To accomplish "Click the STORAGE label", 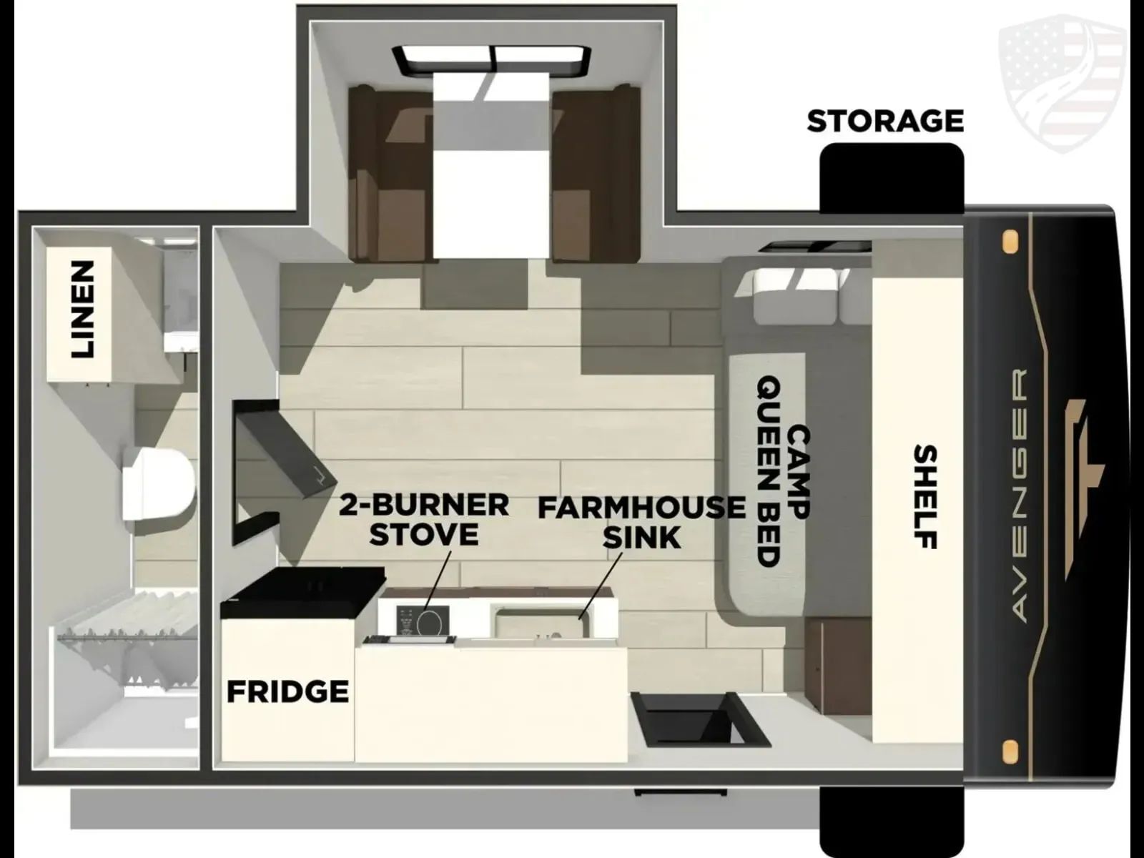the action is click(885, 121).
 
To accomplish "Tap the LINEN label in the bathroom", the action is click(83, 310).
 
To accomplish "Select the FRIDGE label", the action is click(287, 692).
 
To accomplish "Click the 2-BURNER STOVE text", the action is click(424, 519).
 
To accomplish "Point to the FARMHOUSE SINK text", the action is click(641, 523).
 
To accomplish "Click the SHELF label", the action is click(926, 496).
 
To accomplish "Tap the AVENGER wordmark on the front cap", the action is click(1020, 495).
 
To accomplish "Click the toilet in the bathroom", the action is click(158, 485).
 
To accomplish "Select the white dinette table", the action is click(491, 166).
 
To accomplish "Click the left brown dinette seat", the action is click(390, 174).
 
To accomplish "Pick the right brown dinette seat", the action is click(596, 174).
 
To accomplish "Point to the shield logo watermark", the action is click(1062, 84).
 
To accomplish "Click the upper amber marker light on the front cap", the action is click(1010, 242).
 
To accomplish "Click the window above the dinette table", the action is click(491, 59).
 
